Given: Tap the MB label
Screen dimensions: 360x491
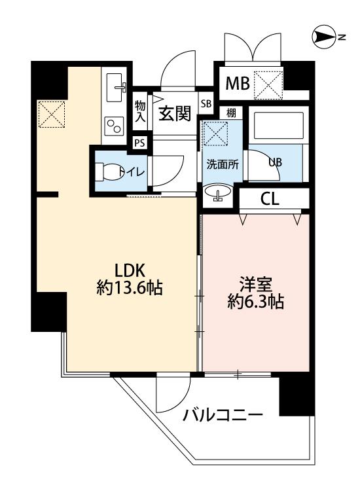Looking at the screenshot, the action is (x=238, y=84).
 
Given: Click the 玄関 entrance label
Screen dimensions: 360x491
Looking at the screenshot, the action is (x=175, y=113).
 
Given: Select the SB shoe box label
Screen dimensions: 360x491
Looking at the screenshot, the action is (x=206, y=103).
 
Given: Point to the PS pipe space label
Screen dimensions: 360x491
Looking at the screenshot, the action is (x=139, y=143).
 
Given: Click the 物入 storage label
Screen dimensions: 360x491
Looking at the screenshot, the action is (x=140, y=111).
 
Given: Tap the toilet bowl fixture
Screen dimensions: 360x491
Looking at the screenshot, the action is (x=108, y=172).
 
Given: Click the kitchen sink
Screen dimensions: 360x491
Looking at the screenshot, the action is (x=116, y=88).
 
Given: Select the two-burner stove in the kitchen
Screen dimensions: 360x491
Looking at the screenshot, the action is (x=114, y=126).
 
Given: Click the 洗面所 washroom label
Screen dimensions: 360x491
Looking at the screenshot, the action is (x=223, y=164).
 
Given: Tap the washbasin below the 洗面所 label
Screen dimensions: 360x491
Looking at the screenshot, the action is (x=218, y=191).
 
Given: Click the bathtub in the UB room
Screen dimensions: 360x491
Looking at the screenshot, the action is (x=278, y=125).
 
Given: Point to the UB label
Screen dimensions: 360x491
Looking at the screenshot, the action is (x=276, y=162).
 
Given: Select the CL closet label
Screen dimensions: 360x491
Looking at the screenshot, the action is (x=270, y=198).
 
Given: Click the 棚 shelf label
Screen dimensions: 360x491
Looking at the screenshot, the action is (x=231, y=113).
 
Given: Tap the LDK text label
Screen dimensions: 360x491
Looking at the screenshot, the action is (x=130, y=270).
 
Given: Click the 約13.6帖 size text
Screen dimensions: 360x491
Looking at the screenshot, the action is (x=130, y=288).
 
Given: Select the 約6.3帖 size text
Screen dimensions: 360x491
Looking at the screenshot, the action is (x=256, y=302).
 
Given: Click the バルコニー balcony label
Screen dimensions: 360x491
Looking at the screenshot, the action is (x=223, y=416).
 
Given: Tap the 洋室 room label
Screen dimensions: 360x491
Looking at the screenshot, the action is (x=256, y=284).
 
